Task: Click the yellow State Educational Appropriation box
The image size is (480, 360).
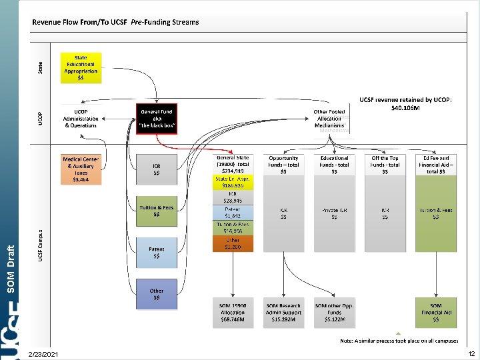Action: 81,67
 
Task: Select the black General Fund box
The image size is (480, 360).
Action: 156,118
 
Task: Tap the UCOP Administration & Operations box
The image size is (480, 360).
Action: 81,118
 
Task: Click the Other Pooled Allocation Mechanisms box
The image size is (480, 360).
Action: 330,118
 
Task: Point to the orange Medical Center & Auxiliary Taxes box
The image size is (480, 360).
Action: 81,169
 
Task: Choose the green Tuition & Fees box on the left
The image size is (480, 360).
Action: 156,211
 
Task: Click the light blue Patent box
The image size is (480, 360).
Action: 156,253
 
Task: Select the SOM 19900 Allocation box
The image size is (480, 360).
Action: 233,313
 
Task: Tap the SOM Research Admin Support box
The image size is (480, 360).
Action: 283,313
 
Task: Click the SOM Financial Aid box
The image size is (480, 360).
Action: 436,313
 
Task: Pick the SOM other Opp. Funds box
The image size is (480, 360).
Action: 334,313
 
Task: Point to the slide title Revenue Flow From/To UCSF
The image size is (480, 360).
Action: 115,22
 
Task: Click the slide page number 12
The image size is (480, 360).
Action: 471,353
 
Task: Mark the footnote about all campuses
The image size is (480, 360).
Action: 398,341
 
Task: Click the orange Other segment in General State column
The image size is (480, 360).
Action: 233,243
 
